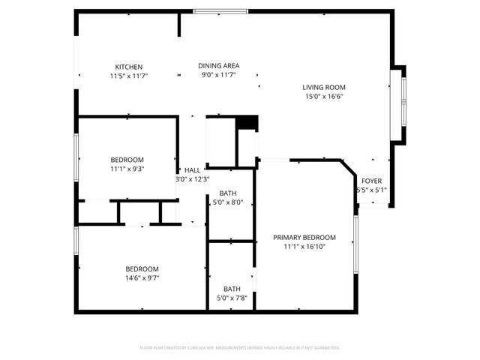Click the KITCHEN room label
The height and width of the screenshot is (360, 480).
coord(128,67)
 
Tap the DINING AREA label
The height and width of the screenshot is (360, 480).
coord(219,65)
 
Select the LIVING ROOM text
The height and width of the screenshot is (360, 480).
coord(324,87)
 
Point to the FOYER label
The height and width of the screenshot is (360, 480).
coord(371,181)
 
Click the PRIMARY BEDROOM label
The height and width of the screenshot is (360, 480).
coord(304,238)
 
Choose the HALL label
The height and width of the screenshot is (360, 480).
coord(193,170)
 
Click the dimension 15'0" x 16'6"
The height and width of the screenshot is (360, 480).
coord(324,97)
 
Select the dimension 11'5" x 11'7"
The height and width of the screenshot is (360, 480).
coord(128,76)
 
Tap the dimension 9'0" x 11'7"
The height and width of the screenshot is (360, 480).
coord(219,75)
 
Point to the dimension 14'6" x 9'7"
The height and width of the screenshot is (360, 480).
coord(142,278)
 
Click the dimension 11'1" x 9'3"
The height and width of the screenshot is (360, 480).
coord(127,169)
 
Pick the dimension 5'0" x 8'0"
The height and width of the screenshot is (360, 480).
coord(228,202)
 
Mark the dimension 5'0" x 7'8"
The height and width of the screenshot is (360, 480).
coord(232,298)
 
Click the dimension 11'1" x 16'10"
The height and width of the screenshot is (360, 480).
coord(304,247)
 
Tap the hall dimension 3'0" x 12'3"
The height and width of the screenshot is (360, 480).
coord(192,179)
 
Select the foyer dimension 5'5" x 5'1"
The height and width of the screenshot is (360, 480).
coord(371,190)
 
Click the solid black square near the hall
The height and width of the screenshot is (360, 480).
coord(247,123)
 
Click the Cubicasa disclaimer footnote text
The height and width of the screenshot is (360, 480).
coord(240,348)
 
